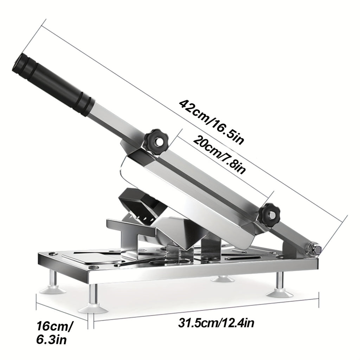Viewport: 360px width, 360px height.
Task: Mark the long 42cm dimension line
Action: (x=193, y=120)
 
